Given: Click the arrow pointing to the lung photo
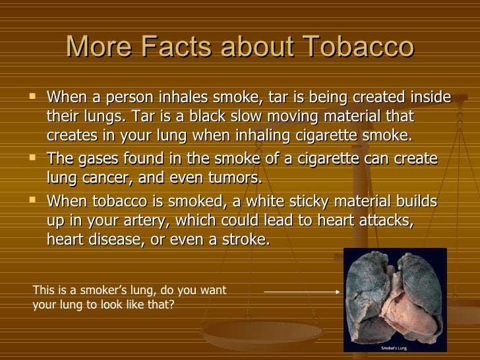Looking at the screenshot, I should click(301, 291).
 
